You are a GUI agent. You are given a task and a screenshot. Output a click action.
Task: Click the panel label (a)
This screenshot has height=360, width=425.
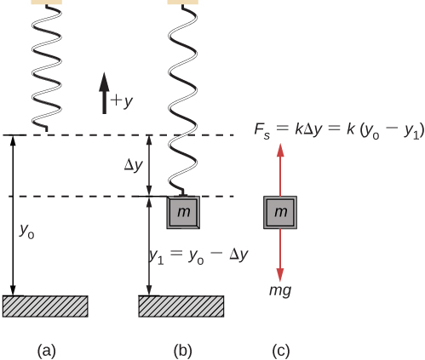click(47, 349)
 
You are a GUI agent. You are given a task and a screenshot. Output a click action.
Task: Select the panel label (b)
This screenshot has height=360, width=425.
click(183, 349)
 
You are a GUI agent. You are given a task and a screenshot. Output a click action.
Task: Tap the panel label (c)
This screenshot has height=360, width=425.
click(280, 349)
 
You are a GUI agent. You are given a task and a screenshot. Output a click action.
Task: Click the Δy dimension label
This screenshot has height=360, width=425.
click(133, 165)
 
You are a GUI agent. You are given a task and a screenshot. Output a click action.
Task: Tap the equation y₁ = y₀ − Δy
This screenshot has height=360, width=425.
click(198, 254)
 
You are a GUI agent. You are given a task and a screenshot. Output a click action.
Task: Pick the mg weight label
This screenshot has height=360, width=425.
click(280, 290)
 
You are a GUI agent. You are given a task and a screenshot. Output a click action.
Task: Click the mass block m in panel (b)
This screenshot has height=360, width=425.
click(183, 212)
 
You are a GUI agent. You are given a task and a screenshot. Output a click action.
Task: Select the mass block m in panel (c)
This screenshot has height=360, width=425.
click(280, 212)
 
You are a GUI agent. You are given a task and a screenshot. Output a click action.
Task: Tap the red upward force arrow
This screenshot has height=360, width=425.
click(280, 170)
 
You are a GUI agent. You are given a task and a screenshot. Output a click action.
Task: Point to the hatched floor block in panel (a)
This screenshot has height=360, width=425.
click(46, 306)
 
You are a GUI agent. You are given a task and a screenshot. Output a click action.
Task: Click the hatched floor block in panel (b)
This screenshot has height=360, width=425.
click(181, 306)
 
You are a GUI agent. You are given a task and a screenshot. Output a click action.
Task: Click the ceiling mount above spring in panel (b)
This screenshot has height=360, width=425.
click(182, 3)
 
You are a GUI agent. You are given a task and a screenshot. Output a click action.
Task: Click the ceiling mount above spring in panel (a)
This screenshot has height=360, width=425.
click(46, 3)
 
